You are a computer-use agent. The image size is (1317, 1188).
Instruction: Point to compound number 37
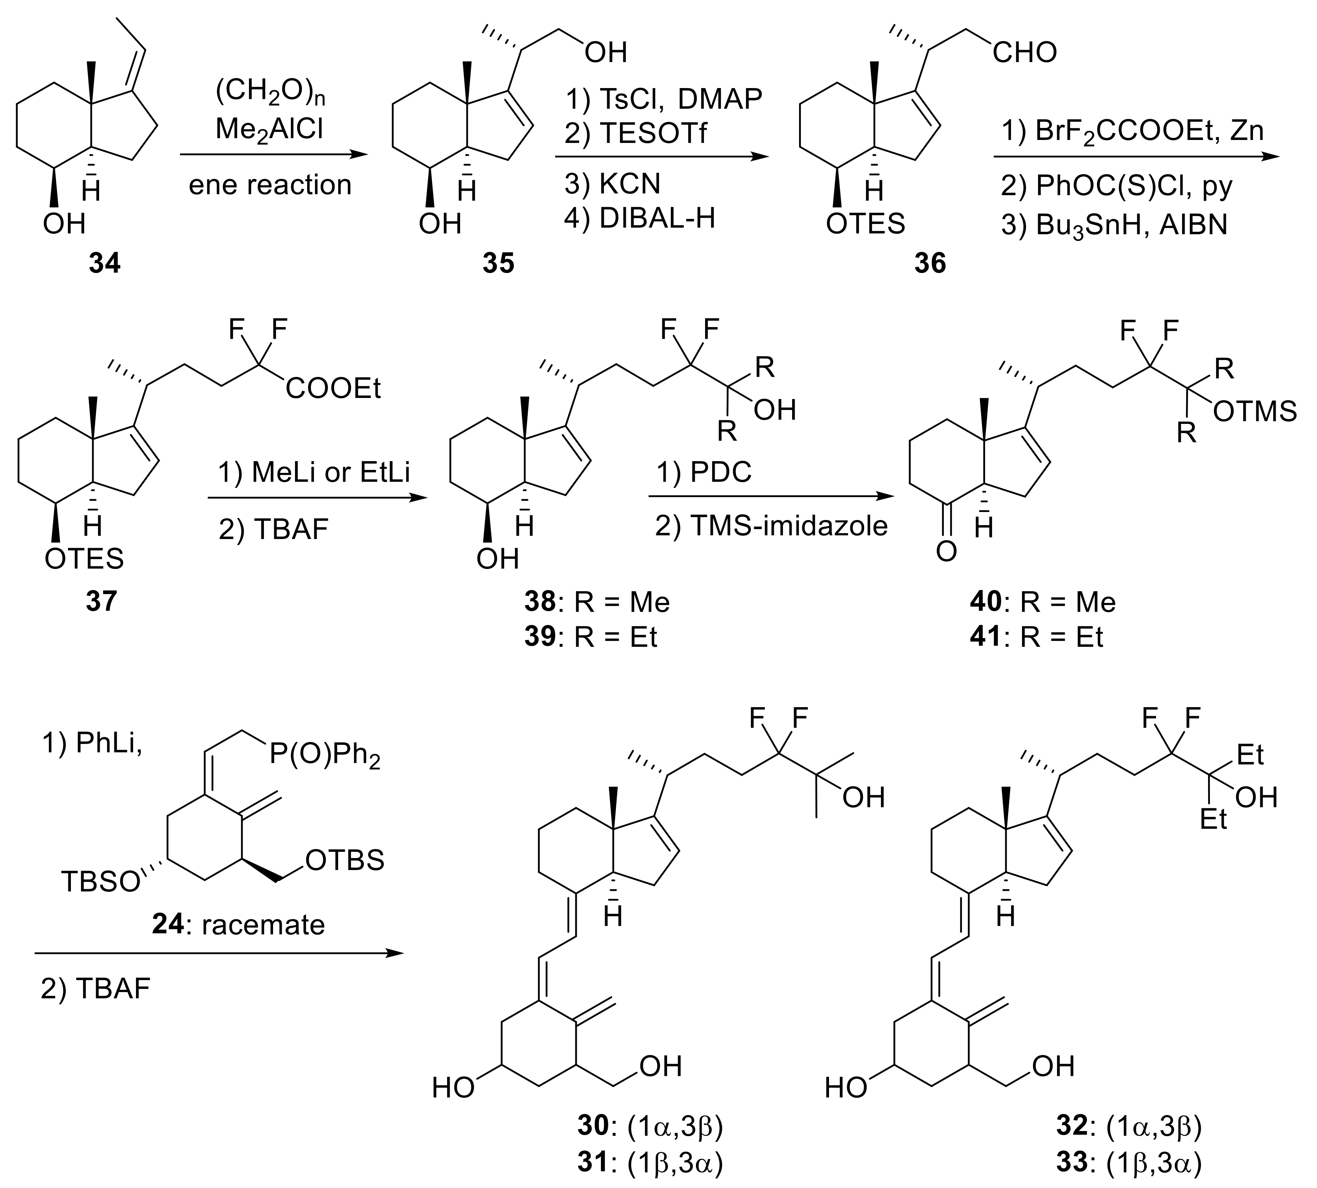click(x=101, y=600)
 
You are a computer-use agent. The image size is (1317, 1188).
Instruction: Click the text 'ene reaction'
click(x=270, y=185)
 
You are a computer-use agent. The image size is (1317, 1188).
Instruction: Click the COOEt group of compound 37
click(x=333, y=389)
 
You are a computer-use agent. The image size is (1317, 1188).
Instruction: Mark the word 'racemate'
click(x=263, y=925)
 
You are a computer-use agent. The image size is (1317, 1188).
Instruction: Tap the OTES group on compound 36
click(x=865, y=224)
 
